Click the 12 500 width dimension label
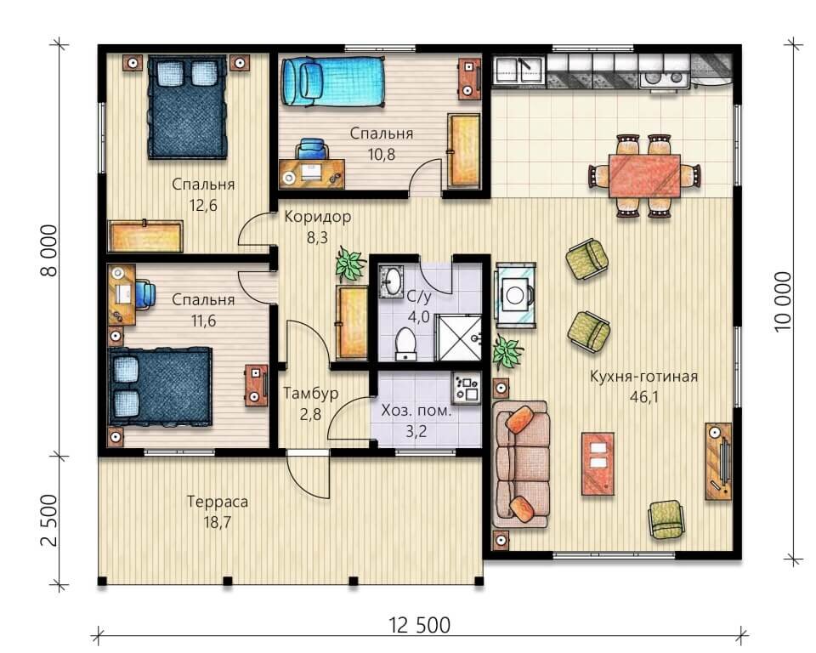pos(419,625)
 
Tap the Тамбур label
pos(311,394)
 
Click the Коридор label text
pos(317,217)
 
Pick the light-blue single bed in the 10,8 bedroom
pos(331,78)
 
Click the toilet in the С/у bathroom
pos(406,344)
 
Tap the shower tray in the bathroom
pos(460,339)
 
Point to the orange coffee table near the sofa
pos(598,463)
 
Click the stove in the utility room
pos(467,388)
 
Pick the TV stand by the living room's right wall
pos(718,460)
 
